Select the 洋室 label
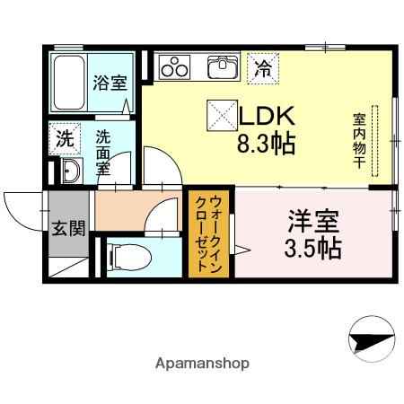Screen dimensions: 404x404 point(313,220)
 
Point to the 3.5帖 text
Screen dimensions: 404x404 point(313,247)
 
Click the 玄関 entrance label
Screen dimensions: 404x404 point(68,227)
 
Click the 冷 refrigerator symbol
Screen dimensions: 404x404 point(264,67)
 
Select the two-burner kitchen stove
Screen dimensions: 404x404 point(174,67)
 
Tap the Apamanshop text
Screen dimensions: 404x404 point(202,364)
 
